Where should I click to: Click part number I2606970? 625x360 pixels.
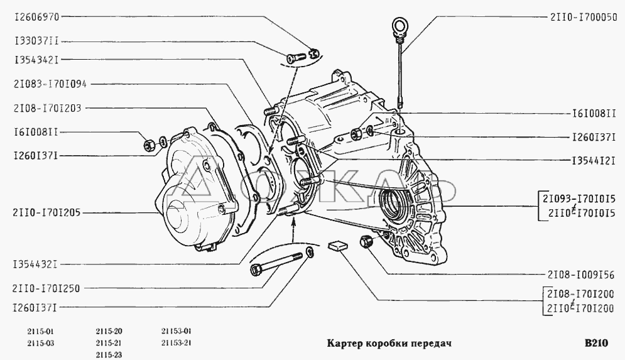[x=36, y=17]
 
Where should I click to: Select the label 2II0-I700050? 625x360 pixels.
[x=584, y=17]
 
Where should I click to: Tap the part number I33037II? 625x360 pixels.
[x=36, y=41]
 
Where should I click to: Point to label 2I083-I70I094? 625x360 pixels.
[x=50, y=84]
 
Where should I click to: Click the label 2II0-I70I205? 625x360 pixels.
[x=46, y=213]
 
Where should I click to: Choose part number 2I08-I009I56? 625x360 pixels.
[x=581, y=275]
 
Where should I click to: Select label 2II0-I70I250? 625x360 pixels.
[x=46, y=288]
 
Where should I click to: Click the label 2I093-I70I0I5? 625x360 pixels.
[x=579, y=199]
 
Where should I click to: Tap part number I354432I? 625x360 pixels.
[x=36, y=265]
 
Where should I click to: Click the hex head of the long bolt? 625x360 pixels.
[x=256, y=270]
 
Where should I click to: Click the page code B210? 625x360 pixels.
[x=596, y=343]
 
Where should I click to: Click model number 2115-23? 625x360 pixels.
[x=109, y=355]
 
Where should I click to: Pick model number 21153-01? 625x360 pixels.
[x=177, y=331]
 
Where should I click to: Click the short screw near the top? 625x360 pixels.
[x=295, y=57]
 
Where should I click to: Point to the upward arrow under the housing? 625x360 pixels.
[x=293, y=231]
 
